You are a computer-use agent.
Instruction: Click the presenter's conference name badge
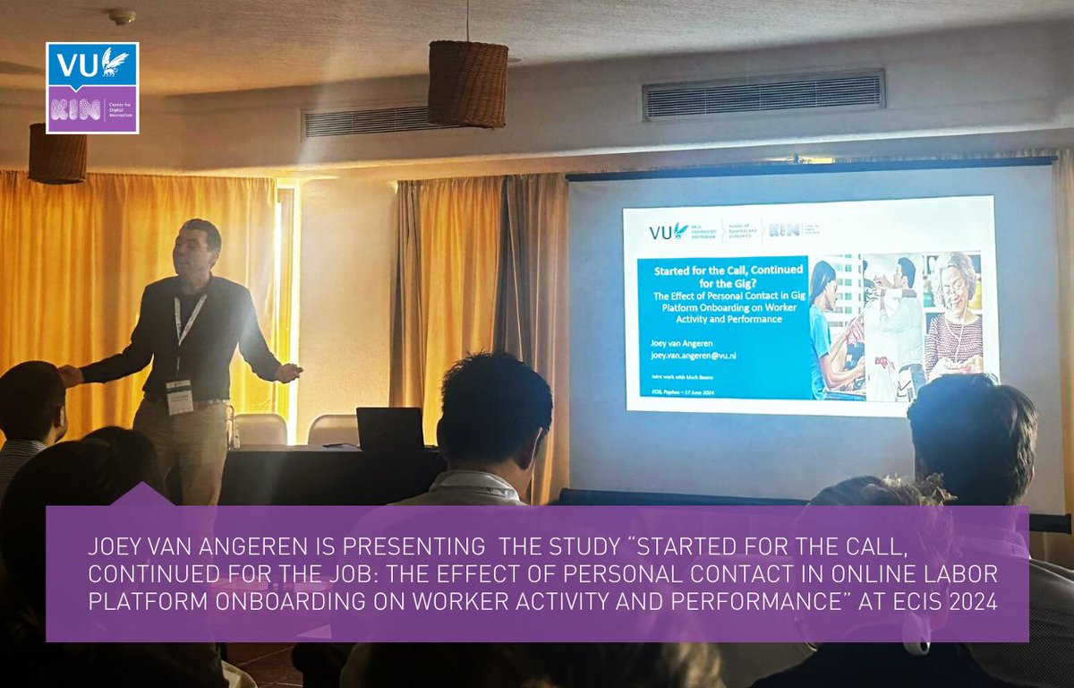pyautogui.click(x=180, y=395)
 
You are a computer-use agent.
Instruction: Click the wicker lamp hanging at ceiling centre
pyautogui.click(x=467, y=82)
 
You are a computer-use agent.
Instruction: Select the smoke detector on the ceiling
pyautogui.click(x=121, y=17)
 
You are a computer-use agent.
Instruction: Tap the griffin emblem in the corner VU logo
pyautogui.click(x=114, y=62)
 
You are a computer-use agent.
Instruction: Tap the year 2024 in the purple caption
pyautogui.click(x=973, y=602)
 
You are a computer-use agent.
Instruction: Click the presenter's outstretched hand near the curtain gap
pyautogui.click(x=288, y=372)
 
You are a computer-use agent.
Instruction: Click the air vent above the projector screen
pyautogui.click(x=763, y=94)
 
